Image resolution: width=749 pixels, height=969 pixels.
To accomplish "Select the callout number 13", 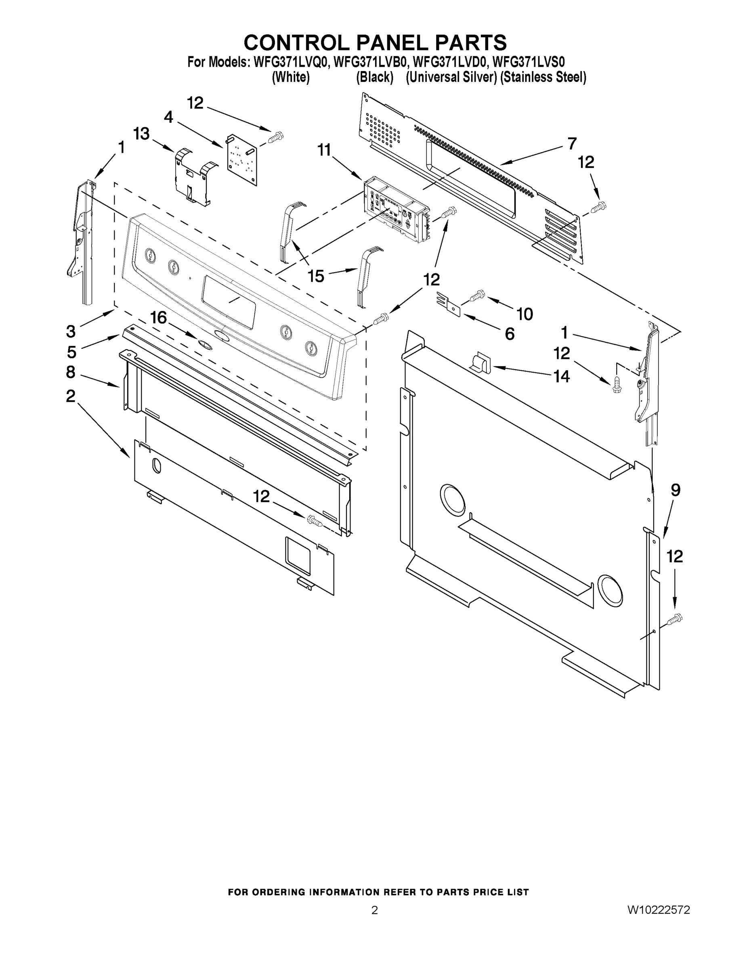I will pos(141,134).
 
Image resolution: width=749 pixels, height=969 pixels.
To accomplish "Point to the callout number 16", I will pos(158,318).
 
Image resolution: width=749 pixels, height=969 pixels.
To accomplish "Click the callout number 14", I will pos(561,377).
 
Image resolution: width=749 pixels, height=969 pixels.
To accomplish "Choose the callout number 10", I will pos(525,314).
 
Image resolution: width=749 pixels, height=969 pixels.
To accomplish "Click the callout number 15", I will pos(316,277).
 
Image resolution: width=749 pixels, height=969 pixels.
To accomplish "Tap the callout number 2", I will pos(71,396).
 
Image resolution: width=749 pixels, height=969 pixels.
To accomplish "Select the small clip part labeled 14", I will pos(480,363).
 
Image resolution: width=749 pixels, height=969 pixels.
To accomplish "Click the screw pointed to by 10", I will pos(477,295).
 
